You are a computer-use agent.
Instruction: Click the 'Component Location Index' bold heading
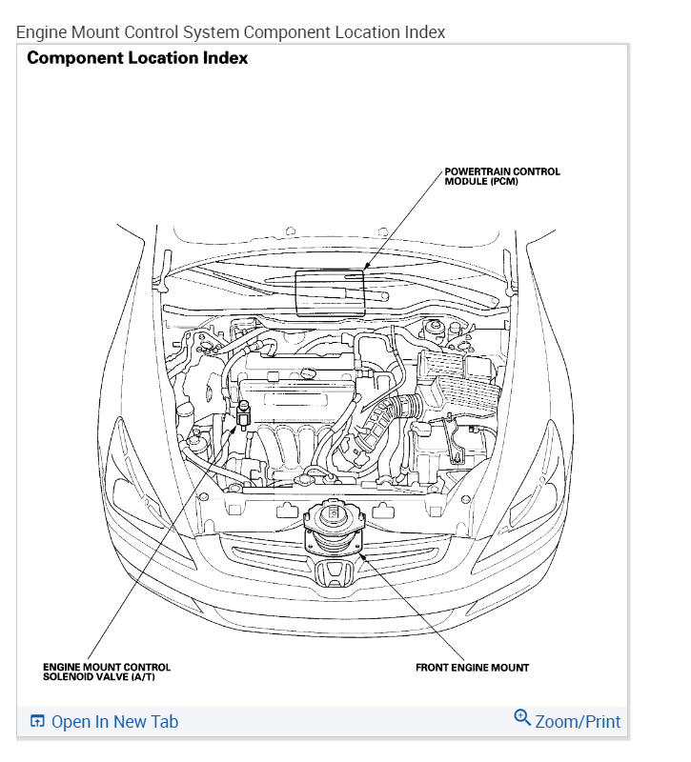[x=137, y=58]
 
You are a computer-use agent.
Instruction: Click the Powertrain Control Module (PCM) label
[x=501, y=176]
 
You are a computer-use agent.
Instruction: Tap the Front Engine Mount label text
[x=472, y=667]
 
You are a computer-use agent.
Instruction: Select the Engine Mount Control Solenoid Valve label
[x=107, y=672]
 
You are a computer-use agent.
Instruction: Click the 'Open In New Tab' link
[x=114, y=721]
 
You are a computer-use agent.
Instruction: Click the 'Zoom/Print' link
[x=578, y=721]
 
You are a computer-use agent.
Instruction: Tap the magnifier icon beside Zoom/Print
[x=521, y=717]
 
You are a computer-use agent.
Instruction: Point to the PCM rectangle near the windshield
[x=330, y=292]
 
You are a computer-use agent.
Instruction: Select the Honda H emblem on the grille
[x=333, y=575]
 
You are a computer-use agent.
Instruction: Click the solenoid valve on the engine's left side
[x=243, y=413]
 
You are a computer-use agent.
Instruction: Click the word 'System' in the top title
[x=209, y=31]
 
